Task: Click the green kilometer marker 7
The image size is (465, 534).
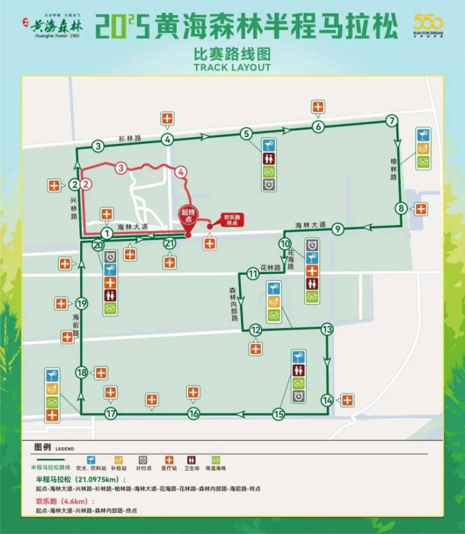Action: pyautogui.click(x=391, y=121)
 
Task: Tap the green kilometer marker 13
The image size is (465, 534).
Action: pyautogui.click(x=327, y=329)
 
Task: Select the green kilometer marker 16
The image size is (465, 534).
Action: pyautogui.click(x=194, y=414)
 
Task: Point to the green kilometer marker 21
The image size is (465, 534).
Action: pyautogui.click(x=169, y=243)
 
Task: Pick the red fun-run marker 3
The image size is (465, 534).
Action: pyautogui.click(x=120, y=169)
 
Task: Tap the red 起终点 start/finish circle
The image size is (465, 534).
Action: pyautogui.click(x=188, y=216)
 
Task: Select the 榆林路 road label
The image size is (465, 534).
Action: pyautogui.click(x=394, y=169)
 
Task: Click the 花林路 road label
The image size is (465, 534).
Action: pyautogui.click(x=270, y=268)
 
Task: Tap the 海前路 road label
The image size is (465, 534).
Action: pyautogui.click(x=75, y=325)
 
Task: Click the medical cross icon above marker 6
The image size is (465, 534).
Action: pyautogui.click(x=318, y=107)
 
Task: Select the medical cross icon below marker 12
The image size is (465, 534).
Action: pyautogui.click(x=256, y=349)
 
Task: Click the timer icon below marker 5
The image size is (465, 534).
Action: pyautogui.click(x=269, y=185)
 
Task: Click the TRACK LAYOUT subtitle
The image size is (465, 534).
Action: pyautogui.click(x=233, y=67)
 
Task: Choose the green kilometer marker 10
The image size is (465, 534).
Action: pyautogui.click(x=285, y=244)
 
